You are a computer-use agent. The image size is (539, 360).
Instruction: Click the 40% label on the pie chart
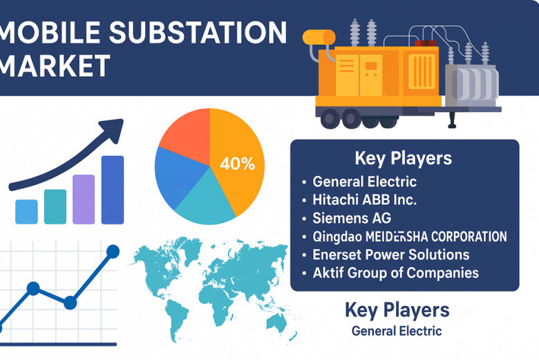click(238, 163)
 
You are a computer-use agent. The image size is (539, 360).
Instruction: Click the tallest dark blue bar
click(113, 190)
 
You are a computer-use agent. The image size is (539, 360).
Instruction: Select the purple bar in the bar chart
click(84, 199)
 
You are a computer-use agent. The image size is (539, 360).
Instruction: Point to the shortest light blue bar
click(26, 212)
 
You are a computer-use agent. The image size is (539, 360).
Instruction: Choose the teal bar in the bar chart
click(55, 207)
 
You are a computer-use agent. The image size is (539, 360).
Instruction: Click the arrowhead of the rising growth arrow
click(113, 130)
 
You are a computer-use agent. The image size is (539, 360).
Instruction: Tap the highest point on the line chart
click(113, 251)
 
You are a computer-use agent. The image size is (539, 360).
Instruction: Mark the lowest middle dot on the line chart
click(70, 303)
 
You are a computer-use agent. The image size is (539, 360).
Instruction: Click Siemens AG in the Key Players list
click(352, 218)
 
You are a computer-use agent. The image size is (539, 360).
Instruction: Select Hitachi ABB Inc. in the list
click(364, 200)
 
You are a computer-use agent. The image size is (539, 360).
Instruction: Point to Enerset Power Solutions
click(391, 255)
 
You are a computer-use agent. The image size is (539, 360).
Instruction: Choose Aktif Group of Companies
click(396, 273)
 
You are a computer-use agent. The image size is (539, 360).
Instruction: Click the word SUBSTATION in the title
click(198, 33)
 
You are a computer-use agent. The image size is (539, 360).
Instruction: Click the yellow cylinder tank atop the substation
click(319, 37)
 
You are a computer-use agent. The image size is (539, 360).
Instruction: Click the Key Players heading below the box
click(397, 310)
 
